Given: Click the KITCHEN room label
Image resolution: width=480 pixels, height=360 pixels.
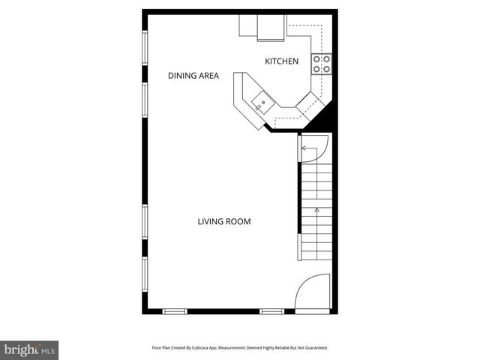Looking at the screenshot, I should [x=281, y=61].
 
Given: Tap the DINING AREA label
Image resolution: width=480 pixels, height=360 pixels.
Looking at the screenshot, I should [x=193, y=76].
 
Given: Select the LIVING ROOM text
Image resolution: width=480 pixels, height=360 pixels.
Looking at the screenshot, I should [x=223, y=221].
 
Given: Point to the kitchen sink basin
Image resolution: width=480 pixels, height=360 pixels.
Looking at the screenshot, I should [x=262, y=102].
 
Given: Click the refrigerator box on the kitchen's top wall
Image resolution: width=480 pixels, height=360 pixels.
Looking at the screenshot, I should [x=271, y=28].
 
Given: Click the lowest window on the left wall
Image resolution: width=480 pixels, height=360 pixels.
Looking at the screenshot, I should [x=145, y=280].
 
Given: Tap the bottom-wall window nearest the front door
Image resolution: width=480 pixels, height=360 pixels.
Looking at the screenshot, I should [x=271, y=310].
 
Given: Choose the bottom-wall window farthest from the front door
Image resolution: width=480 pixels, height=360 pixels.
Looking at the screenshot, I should [x=175, y=310].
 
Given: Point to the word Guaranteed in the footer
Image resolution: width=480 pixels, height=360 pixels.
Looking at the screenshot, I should [x=311, y=348].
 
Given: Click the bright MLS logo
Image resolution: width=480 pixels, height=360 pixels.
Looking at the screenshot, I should [x=29, y=349].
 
